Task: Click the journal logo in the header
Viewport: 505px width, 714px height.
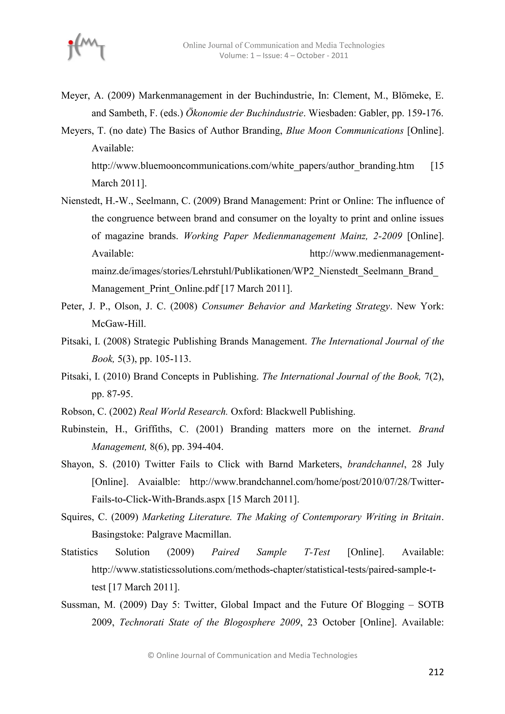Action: [87, 47]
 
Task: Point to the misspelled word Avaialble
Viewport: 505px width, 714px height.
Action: [159, 482]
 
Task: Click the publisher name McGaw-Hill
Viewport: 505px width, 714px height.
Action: [118, 324]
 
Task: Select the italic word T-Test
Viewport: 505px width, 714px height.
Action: [317, 552]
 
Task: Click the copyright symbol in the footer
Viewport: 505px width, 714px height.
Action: [151, 656]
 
